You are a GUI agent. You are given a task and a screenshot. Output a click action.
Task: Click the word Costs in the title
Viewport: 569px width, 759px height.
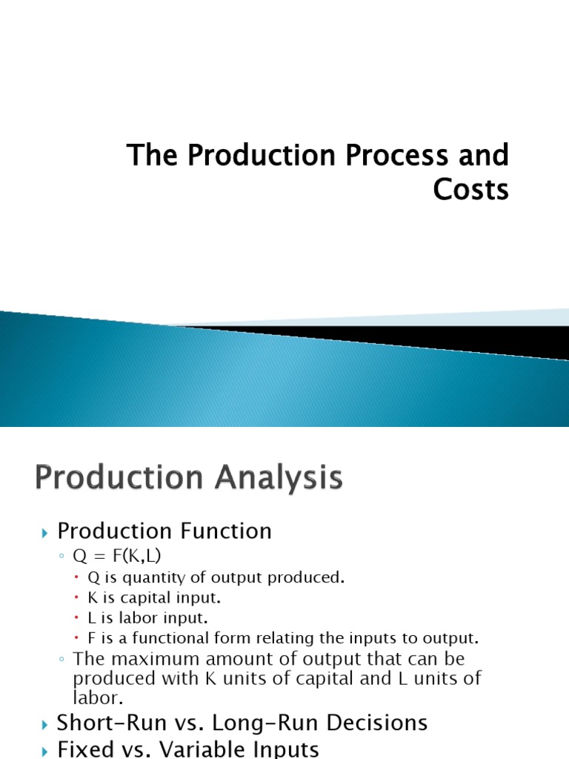470,189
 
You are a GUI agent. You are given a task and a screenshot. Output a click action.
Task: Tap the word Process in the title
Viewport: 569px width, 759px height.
397,155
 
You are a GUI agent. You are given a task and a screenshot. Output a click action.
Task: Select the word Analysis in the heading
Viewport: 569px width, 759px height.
279,479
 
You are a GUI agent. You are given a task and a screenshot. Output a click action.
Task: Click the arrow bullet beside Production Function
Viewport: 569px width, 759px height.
45,534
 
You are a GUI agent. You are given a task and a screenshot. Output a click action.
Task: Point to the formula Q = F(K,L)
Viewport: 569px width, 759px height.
116,556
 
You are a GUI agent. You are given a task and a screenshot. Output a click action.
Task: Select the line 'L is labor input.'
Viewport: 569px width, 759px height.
147,618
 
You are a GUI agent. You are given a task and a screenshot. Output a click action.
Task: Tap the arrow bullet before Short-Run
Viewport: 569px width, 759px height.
45,725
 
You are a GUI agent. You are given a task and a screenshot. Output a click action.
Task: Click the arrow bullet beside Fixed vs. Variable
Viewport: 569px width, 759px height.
45,752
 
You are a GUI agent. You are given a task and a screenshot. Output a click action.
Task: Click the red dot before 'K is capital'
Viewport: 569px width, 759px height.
76,598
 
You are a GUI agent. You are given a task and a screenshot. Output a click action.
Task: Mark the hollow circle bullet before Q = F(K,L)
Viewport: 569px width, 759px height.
61,556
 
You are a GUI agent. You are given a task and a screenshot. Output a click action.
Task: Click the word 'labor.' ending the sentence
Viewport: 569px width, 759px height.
99,698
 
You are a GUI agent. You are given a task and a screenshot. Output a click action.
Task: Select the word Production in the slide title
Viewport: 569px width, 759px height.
262,155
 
